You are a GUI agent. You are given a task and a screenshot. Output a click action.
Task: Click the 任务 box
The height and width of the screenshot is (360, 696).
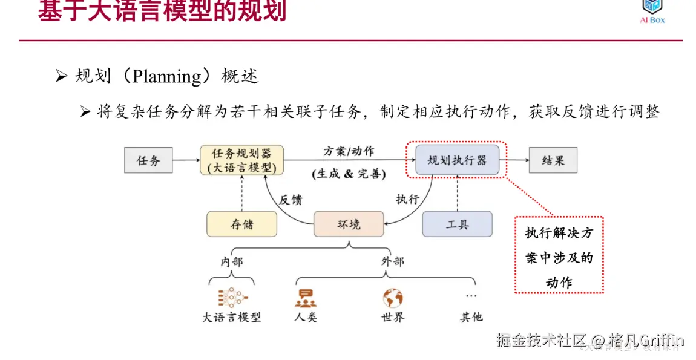coord(148,161)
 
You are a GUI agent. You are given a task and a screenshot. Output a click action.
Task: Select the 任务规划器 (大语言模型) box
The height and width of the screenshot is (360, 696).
coord(242,160)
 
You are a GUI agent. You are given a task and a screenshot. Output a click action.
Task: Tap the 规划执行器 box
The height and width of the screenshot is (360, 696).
coord(457,161)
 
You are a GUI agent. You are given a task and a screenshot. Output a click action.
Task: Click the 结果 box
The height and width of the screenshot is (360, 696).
coord(553,161)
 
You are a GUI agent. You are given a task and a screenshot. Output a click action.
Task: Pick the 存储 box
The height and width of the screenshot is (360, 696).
coord(241,224)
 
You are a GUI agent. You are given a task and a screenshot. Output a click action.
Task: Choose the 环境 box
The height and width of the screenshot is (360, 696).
coord(349,224)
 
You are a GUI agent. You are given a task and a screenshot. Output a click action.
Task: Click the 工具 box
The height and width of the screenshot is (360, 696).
coord(457,224)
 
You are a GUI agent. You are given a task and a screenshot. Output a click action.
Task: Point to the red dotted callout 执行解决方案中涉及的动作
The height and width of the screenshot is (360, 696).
coord(559,255)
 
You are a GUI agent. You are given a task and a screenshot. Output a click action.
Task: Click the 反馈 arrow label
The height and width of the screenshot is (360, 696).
coord(291,199)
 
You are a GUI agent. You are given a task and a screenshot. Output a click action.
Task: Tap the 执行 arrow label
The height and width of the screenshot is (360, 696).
coord(407,199)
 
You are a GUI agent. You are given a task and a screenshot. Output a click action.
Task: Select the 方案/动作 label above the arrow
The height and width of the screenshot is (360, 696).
coord(349,151)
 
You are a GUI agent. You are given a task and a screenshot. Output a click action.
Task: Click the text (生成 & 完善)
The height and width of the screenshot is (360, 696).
coord(349,174)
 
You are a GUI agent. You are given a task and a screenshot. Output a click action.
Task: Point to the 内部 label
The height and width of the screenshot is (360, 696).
coord(231,261)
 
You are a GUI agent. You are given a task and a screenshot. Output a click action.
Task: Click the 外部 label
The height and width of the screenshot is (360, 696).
coord(392,261)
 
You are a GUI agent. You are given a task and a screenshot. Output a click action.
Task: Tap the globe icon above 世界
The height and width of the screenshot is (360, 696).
coord(392,298)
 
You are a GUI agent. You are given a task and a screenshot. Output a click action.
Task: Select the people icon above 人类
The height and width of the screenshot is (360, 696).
coord(306,298)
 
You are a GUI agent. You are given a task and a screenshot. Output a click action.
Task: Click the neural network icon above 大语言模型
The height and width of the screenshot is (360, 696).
coord(232,298)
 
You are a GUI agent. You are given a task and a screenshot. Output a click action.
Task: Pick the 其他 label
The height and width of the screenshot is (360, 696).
coord(471,317)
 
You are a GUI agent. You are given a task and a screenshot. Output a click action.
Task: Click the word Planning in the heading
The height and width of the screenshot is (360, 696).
coord(166,77)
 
